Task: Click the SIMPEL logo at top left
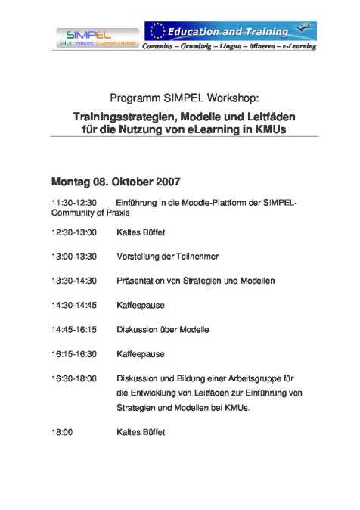(89, 36)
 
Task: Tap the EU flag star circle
(157, 31)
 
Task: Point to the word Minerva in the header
(262, 47)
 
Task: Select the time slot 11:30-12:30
(74, 203)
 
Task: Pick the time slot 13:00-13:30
(74, 257)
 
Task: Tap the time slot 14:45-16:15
(74, 330)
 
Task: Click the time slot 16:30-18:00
(74, 378)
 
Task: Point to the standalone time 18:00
(62, 432)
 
